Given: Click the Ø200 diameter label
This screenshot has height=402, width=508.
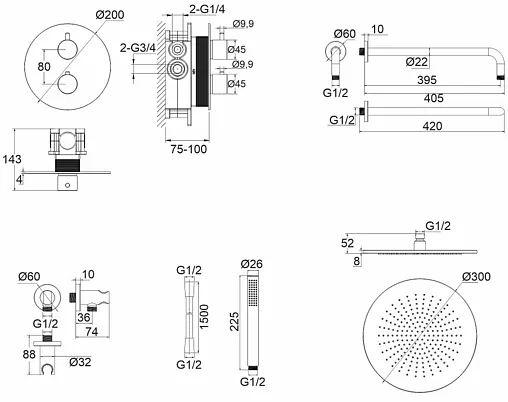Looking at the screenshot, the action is (x=110, y=15).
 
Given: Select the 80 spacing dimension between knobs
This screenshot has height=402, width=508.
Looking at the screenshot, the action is (x=44, y=67).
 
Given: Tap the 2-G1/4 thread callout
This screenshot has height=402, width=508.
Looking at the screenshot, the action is (x=207, y=9).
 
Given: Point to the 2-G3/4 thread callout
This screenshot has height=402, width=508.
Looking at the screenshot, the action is (x=138, y=48).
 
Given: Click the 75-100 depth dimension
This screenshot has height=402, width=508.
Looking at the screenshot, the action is (x=189, y=149).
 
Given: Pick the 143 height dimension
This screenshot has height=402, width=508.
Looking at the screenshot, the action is (x=12, y=159).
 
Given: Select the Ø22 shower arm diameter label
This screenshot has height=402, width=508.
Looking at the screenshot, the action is (x=417, y=62).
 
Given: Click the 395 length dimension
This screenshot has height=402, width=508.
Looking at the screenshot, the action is (x=427, y=80).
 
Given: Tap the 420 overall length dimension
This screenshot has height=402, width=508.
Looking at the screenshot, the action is (x=432, y=126).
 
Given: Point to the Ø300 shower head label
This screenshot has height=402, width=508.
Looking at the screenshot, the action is (x=476, y=277).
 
